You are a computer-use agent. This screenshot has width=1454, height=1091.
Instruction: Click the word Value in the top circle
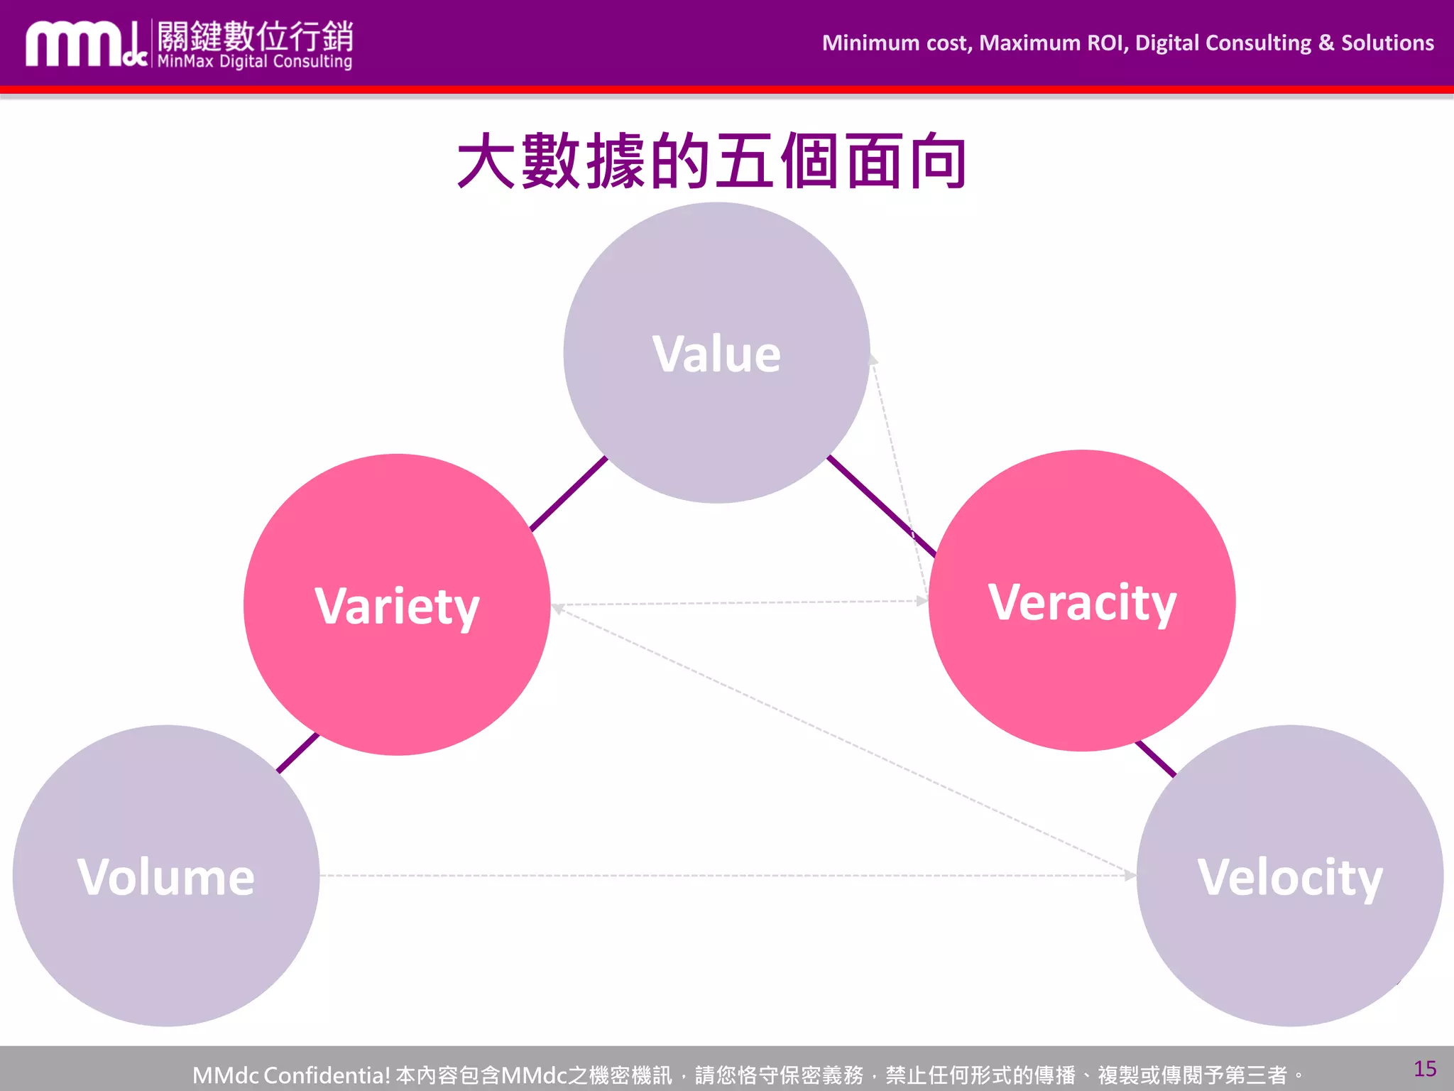(x=716, y=354)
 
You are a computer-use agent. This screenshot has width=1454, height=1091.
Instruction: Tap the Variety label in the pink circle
(x=397, y=606)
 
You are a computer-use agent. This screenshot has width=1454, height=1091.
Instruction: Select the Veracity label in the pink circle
(x=1082, y=602)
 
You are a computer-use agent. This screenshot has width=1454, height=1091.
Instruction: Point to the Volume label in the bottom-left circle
(x=165, y=876)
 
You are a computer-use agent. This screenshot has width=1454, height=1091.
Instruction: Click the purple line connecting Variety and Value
(x=569, y=494)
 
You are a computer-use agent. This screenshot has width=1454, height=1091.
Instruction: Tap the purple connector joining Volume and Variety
(x=297, y=753)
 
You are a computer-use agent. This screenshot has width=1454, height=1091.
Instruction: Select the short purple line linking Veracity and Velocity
(x=1156, y=759)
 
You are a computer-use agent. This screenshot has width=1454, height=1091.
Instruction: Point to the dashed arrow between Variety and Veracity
(x=738, y=603)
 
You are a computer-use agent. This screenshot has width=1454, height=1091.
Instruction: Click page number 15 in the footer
(x=1424, y=1069)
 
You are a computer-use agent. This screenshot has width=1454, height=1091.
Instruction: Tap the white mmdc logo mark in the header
(x=85, y=45)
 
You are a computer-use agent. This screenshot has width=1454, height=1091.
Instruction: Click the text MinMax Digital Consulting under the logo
(x=254, y=62)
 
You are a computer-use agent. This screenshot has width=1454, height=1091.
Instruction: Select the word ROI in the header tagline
(x=1105, y=43)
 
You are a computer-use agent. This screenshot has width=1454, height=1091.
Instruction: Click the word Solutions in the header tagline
(x=1387, y=43)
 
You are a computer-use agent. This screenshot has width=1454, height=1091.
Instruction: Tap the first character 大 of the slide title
(x=486, y=161)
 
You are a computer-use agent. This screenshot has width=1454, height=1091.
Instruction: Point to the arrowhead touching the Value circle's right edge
(x=874, y=359)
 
